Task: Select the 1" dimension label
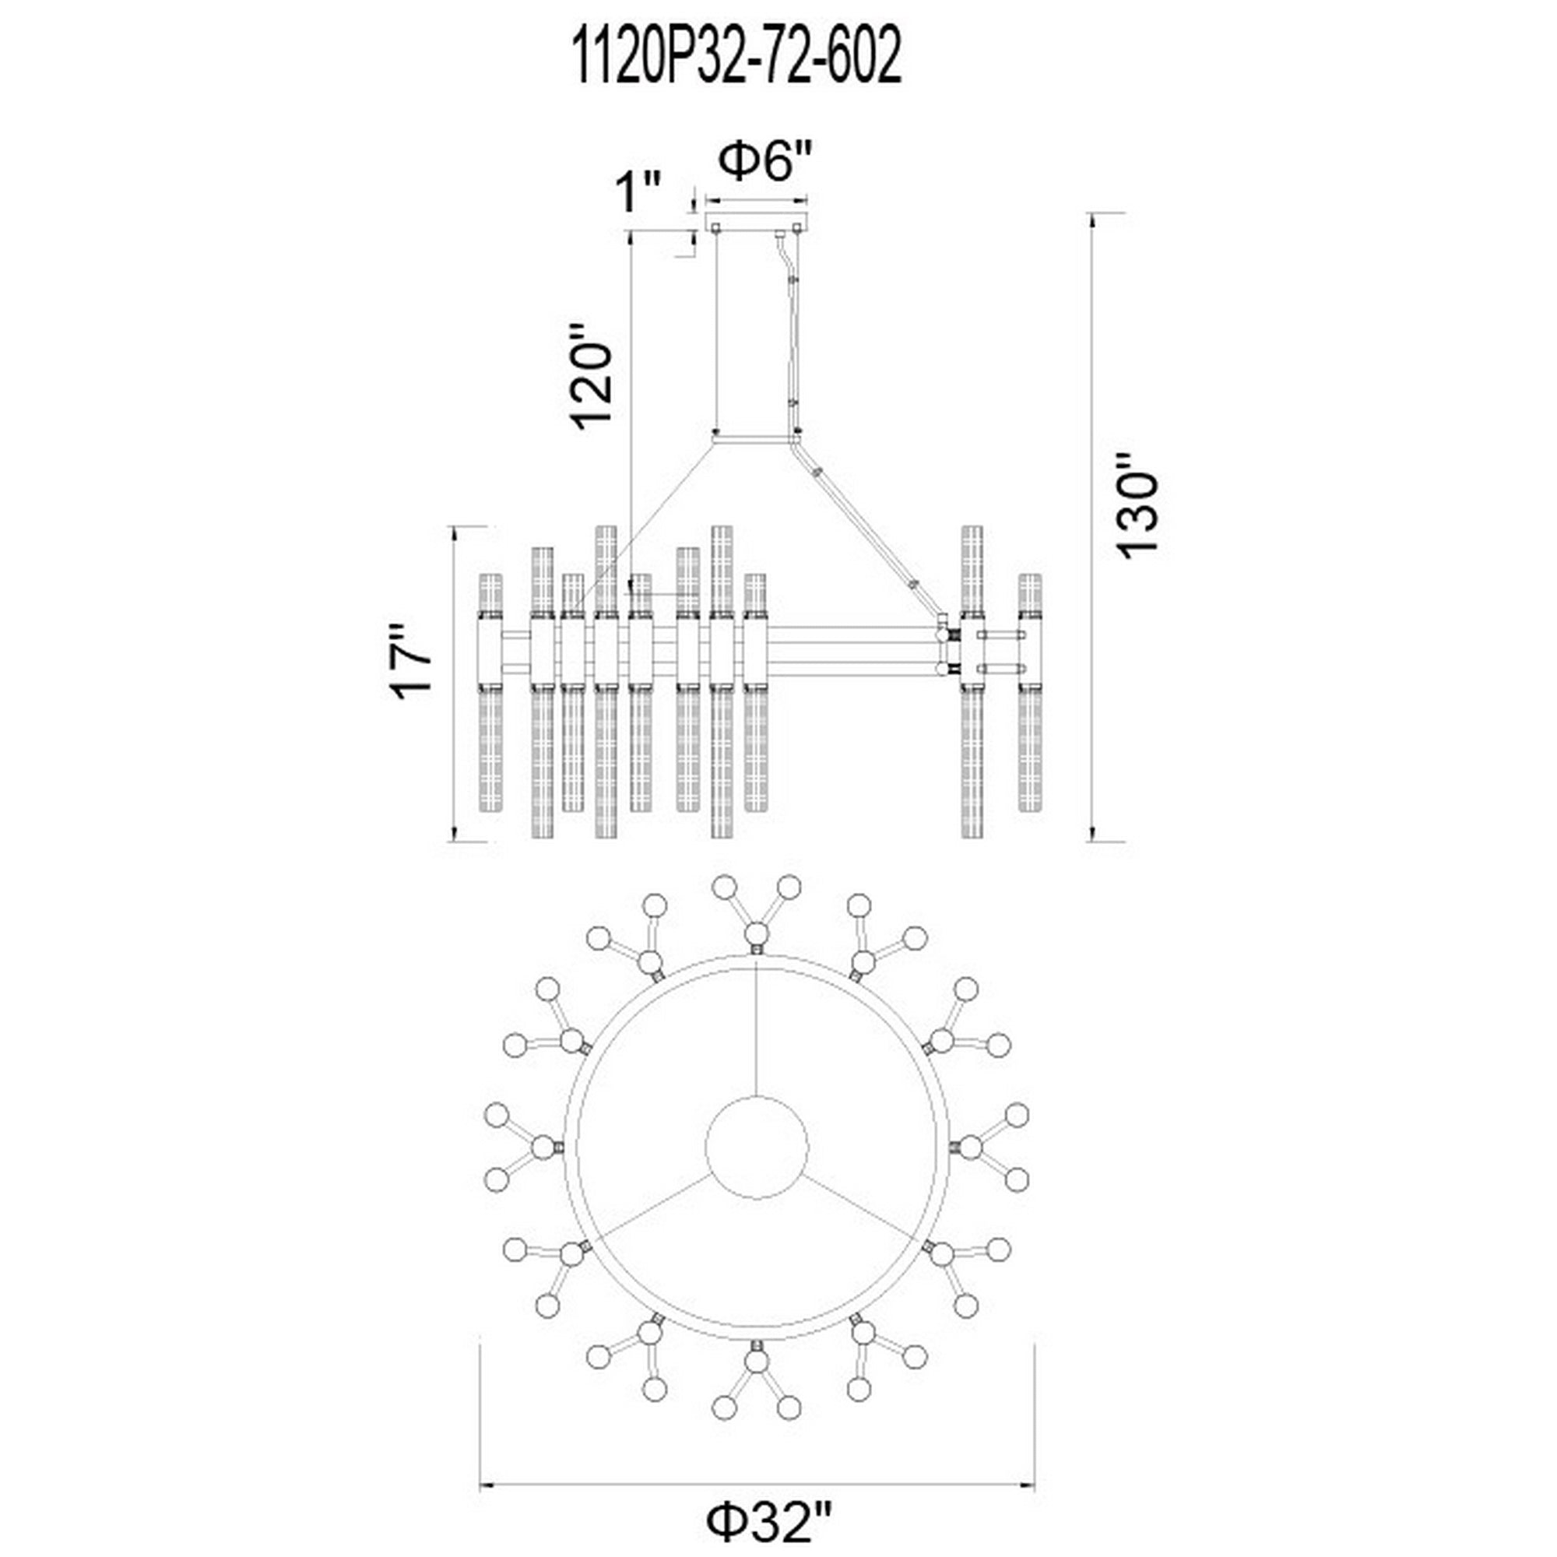point(638,192)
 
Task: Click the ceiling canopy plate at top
point(757,222)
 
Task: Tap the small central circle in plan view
point(756,1148)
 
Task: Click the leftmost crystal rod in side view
point(490,693)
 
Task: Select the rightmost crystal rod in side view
point(1029,693)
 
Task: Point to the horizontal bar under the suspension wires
point(756,441)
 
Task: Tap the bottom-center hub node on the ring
point(756,1362)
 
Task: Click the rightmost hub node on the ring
point(971,1148)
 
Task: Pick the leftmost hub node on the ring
point(543,1148)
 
